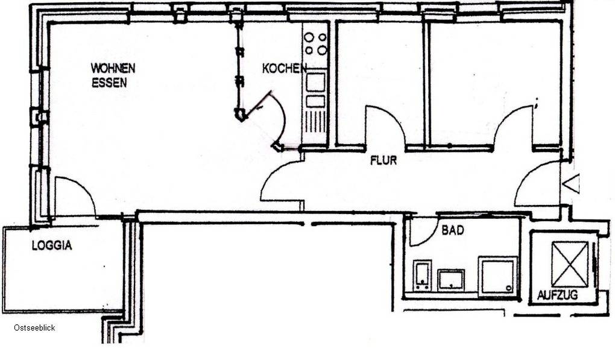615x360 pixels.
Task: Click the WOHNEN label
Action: [113, 68]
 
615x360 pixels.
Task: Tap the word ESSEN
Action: [109, 83]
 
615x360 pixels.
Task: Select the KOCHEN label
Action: [285, 69]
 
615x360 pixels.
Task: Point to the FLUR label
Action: [383, 160]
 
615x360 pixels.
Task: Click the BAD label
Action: [453, 230]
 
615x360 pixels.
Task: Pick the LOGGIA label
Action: [52, 245]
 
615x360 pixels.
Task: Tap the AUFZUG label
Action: [557, 294]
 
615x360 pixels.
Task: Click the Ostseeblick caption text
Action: [34, 328]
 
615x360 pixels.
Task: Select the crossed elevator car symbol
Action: [570, 264]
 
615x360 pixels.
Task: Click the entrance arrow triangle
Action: [572, 183]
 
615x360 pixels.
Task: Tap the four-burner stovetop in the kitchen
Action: [315, 43]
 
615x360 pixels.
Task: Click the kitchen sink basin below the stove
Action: [315, 83]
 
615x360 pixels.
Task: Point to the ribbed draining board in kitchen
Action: [315, 122]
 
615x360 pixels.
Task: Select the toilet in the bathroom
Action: [422, 276]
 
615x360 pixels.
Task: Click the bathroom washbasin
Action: [451, 280]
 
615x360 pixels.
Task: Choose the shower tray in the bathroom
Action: [497, 276]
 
